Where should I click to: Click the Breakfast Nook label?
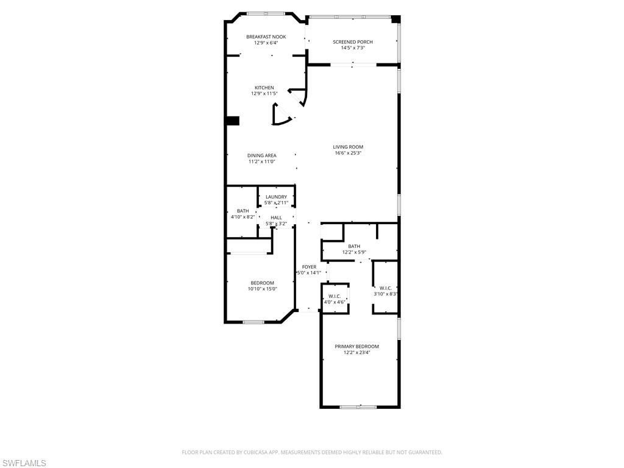[x=266, y=37]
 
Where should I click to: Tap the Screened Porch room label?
[x=352, y=41]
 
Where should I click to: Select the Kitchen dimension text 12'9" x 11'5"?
[x=264, y=94]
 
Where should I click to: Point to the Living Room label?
[x=348, y=147]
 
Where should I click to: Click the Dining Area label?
[x=261, y=155]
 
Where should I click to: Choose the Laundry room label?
[x=276, y=197]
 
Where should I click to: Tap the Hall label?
[x=276, y=218]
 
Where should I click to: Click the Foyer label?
[x=309, y=267]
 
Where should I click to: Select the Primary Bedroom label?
[x=356, y=346]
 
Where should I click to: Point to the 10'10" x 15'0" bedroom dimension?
[x=262, y=289]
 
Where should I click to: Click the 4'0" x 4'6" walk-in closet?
[x=334, y=299]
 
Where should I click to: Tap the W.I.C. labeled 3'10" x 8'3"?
[x=385, y=291]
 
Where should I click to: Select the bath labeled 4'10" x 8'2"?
[x=243, y=214]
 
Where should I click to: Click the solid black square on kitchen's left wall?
[x=232, y=121]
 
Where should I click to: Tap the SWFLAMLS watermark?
[x=24, y=463]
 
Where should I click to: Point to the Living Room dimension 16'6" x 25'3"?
[x=348, y=153]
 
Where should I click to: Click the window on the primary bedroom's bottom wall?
[x=358, y=406]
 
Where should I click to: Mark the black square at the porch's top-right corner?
[x=395, y=19]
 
